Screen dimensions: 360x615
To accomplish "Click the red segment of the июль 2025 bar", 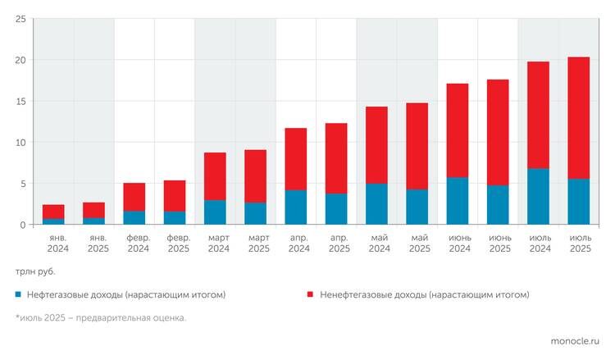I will (579, 118).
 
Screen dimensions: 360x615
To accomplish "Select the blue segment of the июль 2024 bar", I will (538, 197).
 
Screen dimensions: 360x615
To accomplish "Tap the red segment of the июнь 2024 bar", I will (458, 130).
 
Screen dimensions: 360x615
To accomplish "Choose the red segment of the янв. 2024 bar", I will (53, 212).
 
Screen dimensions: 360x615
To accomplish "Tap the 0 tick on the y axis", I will (23, 225).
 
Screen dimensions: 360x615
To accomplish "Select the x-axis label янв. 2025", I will (94, 243).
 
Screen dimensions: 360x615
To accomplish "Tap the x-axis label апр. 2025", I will (336, 243).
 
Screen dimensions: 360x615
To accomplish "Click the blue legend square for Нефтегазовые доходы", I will (18, 294).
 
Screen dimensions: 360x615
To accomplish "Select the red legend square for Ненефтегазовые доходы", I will (309, 294).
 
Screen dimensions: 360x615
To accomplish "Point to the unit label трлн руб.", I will (35, 270).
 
